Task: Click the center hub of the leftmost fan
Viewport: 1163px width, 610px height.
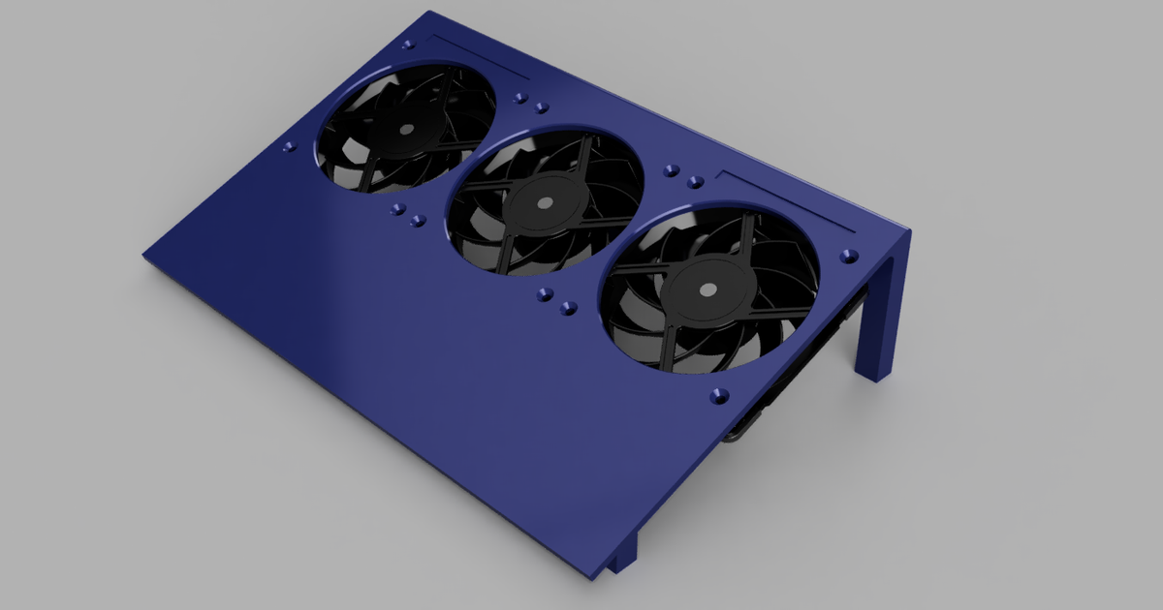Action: click(404, 129)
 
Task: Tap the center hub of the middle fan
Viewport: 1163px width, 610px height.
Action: click(544, 204)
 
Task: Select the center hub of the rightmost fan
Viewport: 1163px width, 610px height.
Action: click(707, 289)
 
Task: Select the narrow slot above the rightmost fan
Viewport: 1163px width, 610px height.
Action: click(785, 201)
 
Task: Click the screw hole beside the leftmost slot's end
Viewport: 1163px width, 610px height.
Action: click(407, 45)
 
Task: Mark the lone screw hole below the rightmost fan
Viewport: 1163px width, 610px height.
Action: click(717, 395)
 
